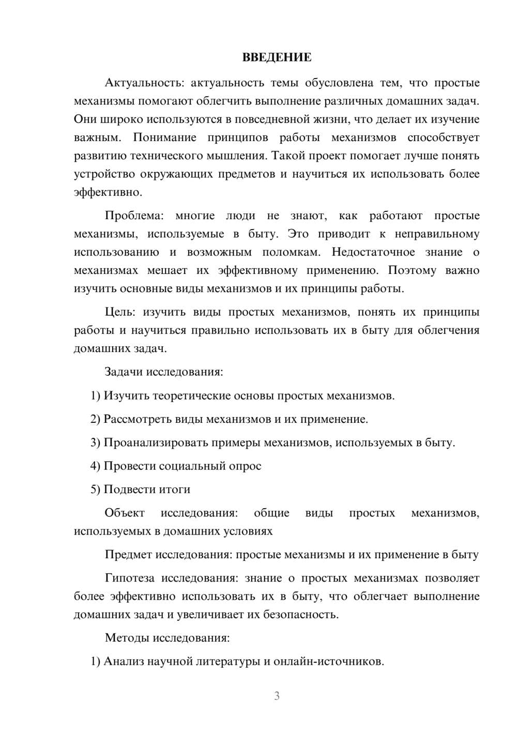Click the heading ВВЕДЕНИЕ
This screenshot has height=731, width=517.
click(x=277, y=57)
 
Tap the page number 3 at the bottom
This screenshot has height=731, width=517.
click(x=277, y=696)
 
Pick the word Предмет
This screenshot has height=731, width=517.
click(x=128, y=555)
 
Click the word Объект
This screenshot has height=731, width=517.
click(x=125, y=513)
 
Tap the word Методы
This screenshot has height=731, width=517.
click(x=126, y=638)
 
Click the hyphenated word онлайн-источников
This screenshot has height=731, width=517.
click(x=328, y=662)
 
